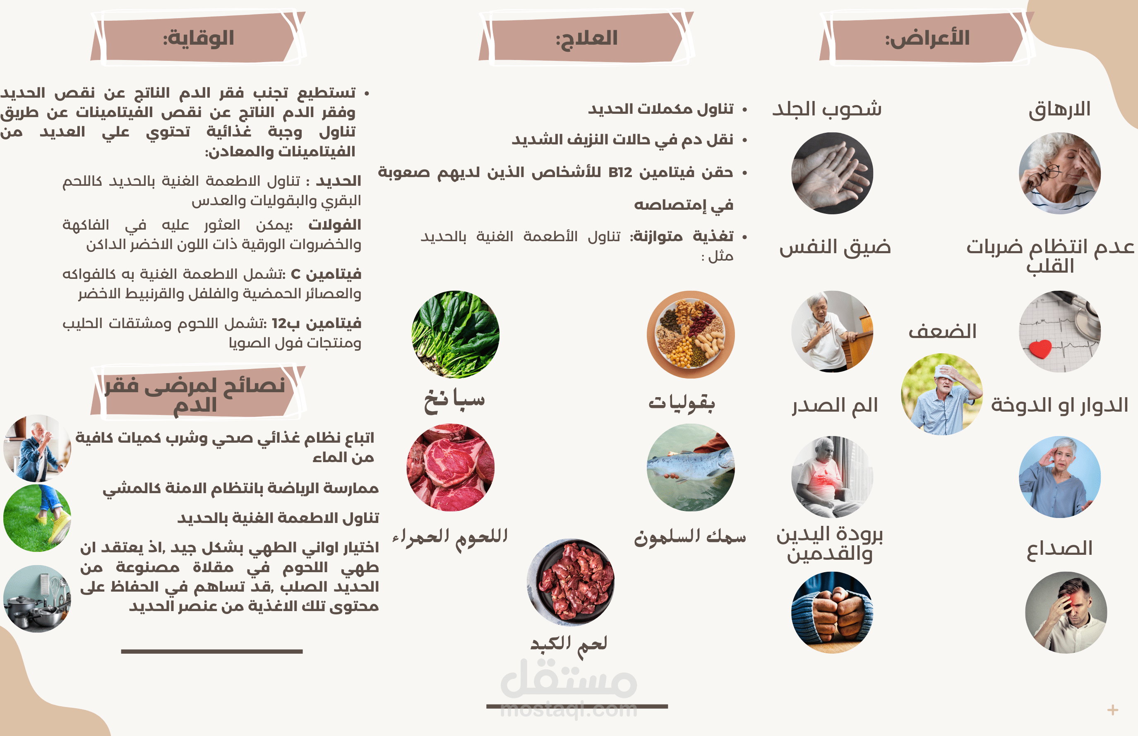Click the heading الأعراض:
point(927,38)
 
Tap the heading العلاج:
point(586,38)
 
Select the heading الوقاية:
point(198,38)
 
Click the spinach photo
point(456,335)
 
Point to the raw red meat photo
point(451,467)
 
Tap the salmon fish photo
point(691,467)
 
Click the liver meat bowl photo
point(571,582)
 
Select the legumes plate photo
point(691,335)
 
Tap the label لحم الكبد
point(569,645)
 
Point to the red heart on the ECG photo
point(1040,349)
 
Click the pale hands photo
point(832,173)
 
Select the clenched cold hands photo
point(832,612)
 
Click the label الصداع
point(1060,548)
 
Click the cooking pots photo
point(37,599)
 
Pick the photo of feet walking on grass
point(37,518)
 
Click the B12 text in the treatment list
point(620,173)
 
